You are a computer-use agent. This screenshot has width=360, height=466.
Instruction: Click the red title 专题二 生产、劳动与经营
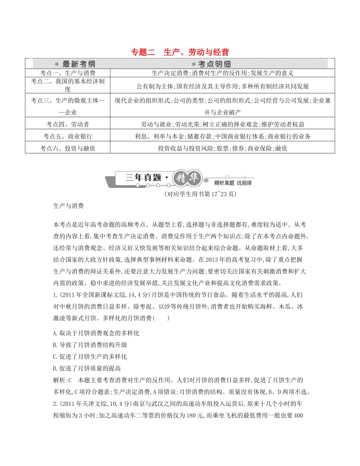[180, 52]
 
